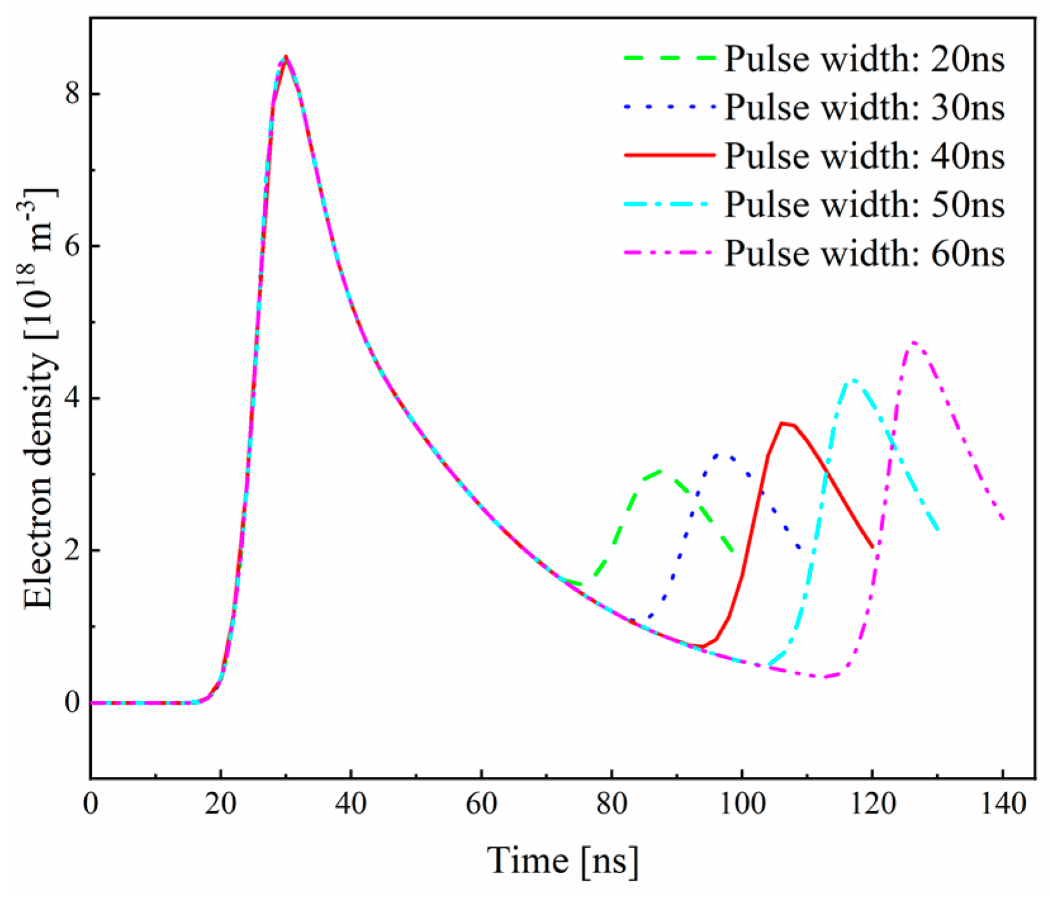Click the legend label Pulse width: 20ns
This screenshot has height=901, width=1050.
point(864,59)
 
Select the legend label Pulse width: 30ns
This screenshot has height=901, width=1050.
point(864,107)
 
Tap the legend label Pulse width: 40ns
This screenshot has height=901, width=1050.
point(864,156)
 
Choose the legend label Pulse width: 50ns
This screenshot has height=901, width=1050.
point(864,205)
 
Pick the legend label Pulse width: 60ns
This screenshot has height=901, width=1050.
point(864,253)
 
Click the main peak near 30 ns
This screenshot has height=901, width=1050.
point(286,56)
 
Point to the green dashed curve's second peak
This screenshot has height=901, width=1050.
point(661,470)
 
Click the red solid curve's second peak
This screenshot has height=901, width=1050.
point(782,423)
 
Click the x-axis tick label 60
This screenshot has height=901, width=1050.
point(481,803)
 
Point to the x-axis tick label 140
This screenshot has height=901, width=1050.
point(1003,803)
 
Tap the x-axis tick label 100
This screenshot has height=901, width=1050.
point(742,803)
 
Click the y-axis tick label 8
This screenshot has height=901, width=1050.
point(72,94)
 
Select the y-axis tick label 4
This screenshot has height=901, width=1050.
point(72,398)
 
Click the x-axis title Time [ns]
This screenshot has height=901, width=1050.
point(562,860)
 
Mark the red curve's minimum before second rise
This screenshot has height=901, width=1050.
point(702,646)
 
